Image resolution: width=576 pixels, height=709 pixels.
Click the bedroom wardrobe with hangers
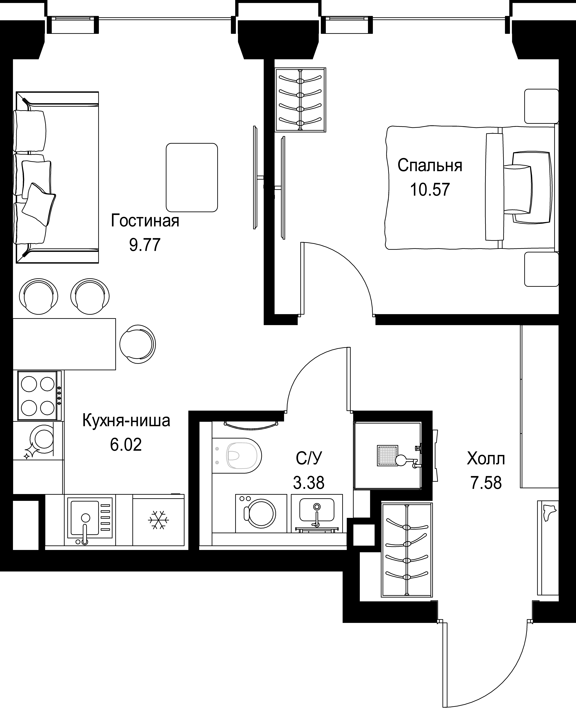pyautogui.click(x=300, y=100)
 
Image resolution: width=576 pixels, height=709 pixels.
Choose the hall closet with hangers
pyautogui.click(x=407, y=550)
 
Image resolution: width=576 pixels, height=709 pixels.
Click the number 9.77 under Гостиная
pyautogui.click(x=145, y=245)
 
